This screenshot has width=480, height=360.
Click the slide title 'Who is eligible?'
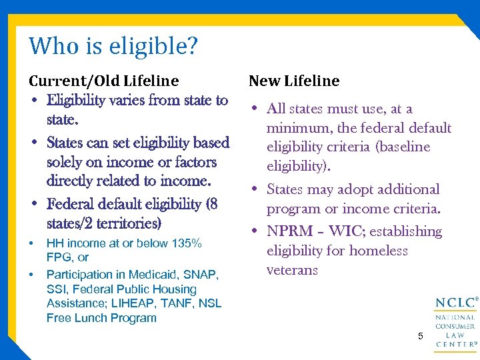click(x=113, y=47)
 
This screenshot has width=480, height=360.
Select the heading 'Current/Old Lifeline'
click(x=103, y=81)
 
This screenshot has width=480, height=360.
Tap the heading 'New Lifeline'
click(x=294, y=81)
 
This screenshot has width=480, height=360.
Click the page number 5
click(x=421, y=336)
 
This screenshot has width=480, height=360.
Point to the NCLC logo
click(x=455, y=323)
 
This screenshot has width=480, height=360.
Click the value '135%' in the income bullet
click(x=187, y=243)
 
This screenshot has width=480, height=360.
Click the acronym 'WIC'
click(x=345, y=231)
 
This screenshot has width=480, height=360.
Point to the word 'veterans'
click(x=293, y=270)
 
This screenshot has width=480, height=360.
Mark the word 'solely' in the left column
click(x=67, y=162)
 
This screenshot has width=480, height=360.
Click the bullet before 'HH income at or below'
click(x=31, y=243)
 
